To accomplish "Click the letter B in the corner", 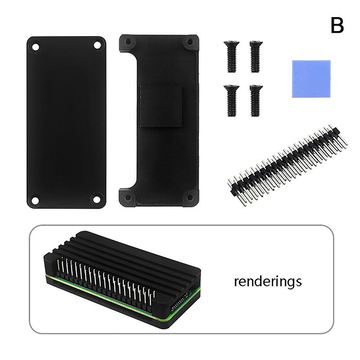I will [x=337, y=26].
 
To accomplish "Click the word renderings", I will [x=267, y=282].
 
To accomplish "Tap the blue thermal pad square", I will [x=308, y=79].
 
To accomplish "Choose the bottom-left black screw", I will [x=231, y=100].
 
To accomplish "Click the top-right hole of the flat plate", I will [x=97, y=45].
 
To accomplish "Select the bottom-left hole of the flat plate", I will [x=35, y=199].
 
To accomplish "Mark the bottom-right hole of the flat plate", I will [x=96, y=198].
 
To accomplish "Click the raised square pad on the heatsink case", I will [x=161, y=107].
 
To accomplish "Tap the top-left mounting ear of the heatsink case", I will [x=128, y=42].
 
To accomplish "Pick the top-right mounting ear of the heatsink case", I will [x=190, y=42].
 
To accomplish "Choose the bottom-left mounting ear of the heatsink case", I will [x=127, y=197].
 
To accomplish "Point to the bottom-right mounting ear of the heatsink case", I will [x=190, y=197].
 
